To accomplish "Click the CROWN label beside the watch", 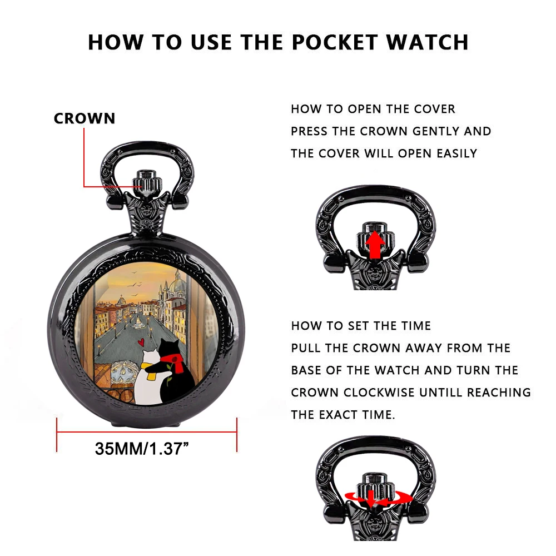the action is click(85, 118).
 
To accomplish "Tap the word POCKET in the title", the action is click(335, 42).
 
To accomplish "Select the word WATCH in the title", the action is click(427, 42).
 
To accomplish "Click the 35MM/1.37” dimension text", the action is click(142, 449).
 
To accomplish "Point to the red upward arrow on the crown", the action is click(375, 245).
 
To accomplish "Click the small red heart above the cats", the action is click(141, 342).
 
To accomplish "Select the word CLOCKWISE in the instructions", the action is click(379, 393).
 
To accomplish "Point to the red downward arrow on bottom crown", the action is click(371, 499).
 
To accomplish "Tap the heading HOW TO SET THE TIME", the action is click(361, 326).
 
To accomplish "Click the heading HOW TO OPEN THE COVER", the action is click(373, 109).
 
